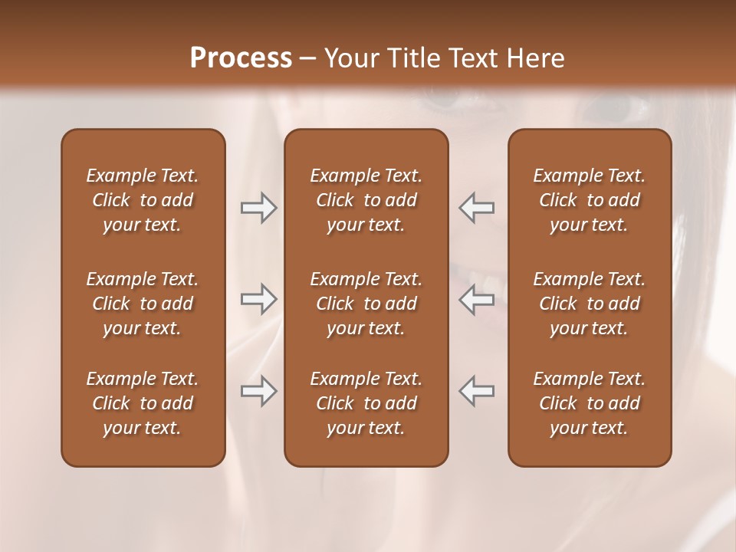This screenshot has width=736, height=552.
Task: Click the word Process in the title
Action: [241, 58]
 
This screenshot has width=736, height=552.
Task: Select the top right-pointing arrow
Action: [259, 208]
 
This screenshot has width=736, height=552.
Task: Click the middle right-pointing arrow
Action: [259, 299]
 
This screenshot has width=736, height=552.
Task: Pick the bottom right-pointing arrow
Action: [259, 391]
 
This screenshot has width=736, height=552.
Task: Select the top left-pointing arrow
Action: [476, 208]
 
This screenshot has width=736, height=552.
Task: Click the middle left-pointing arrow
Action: [476, 299]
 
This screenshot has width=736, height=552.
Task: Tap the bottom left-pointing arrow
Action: [476, 391]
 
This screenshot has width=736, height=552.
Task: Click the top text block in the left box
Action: [143, 200]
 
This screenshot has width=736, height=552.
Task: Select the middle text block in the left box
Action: [143, 304]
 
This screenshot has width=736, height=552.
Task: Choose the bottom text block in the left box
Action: [143, 403]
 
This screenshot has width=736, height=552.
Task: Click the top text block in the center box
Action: [366, 200]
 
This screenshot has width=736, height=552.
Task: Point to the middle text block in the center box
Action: [366, 304]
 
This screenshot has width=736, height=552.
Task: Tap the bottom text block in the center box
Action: [366, 403]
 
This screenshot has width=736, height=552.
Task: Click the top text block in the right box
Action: [589, 200]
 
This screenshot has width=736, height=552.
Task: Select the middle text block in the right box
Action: [589, 304]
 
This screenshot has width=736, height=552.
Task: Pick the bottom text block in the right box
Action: [589, 403]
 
